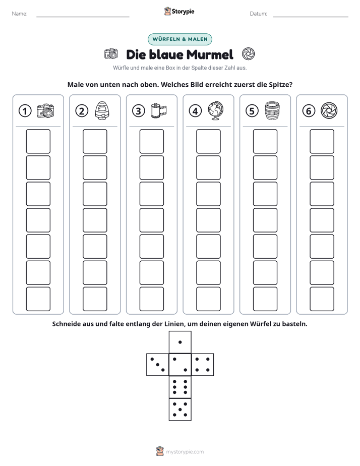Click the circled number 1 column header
pyautogui.click(x=25, y=111)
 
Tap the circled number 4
pyautogui.click(x=195, y=111)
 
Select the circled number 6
pyautogui.click(x=309, y=111)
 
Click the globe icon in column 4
pyautogui.click(x=216, y=110)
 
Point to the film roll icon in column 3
pyautogui.click(x=159, y=110)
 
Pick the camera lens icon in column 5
pyautogui.click(x=272, y=110)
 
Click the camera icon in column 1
pyautogui.click(x=45, y=110)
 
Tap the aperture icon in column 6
pyautogui.click(x=329, y=110)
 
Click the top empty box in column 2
pyautogui.click(x=95, y=141)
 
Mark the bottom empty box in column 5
pyautogui.click(x=265, y=299)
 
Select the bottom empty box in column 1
pyautogui.click(x=38, y=299)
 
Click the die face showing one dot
pyautogui.click(x=180, y=342)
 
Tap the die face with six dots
pyautogui.click(x=180, y=387)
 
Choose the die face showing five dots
pyautogui.click(x=180, y=410)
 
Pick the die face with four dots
pyautogui.click(x=203, y=365)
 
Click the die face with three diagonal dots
pyautogui.click(x=158, y=365)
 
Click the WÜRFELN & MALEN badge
pyautogui.click(x=180, y=39)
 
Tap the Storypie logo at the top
pyautogui.click(x=179, y=12)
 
